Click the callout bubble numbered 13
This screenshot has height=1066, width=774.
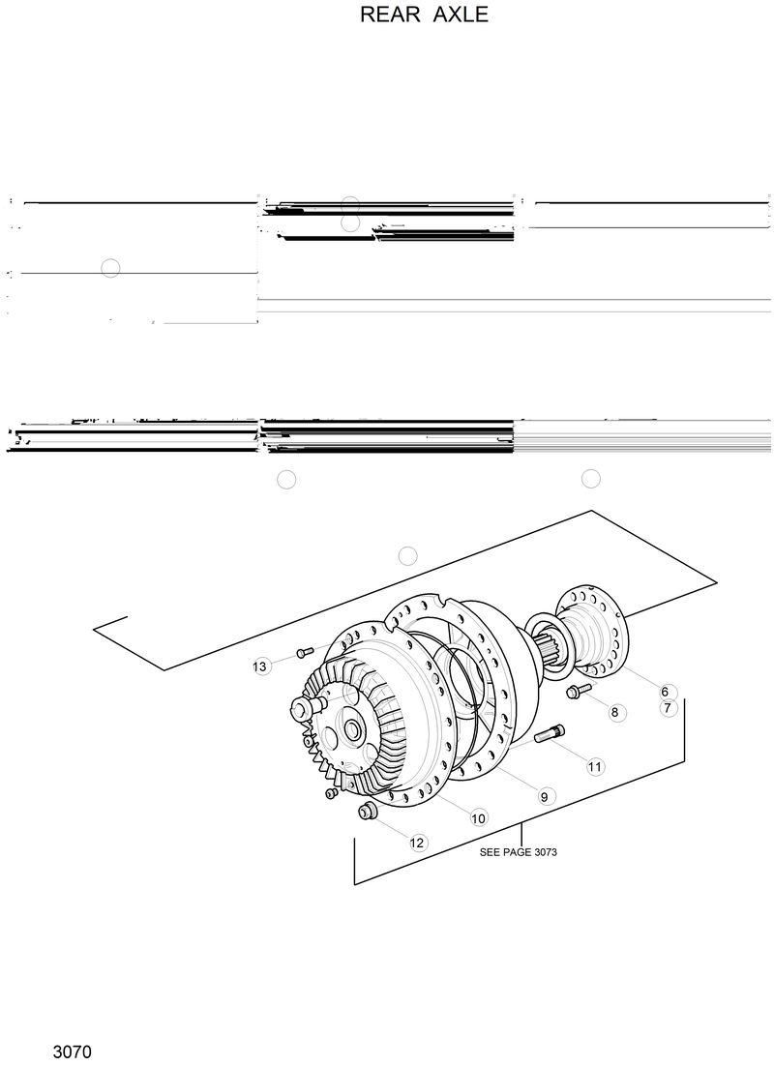[x=259, y=666]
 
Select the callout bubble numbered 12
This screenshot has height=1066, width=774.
[x=417, y=843]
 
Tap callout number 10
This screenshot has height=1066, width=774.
[x=478, y=818]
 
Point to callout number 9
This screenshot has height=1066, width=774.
[x=544, y=797]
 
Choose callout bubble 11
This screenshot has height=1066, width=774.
[x=595, y=766]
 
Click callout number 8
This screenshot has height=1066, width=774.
[x=613, y=712]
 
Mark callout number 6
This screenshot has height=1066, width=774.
[x=665, y=692]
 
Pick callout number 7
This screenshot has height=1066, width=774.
[x=667, y=708]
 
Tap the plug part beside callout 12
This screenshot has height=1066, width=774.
[x=368, y=811]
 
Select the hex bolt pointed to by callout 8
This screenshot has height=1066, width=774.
[x=579, y=690]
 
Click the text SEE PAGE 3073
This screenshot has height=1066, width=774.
[x=519, y=853]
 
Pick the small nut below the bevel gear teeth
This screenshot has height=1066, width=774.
[x=331, y=793]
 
